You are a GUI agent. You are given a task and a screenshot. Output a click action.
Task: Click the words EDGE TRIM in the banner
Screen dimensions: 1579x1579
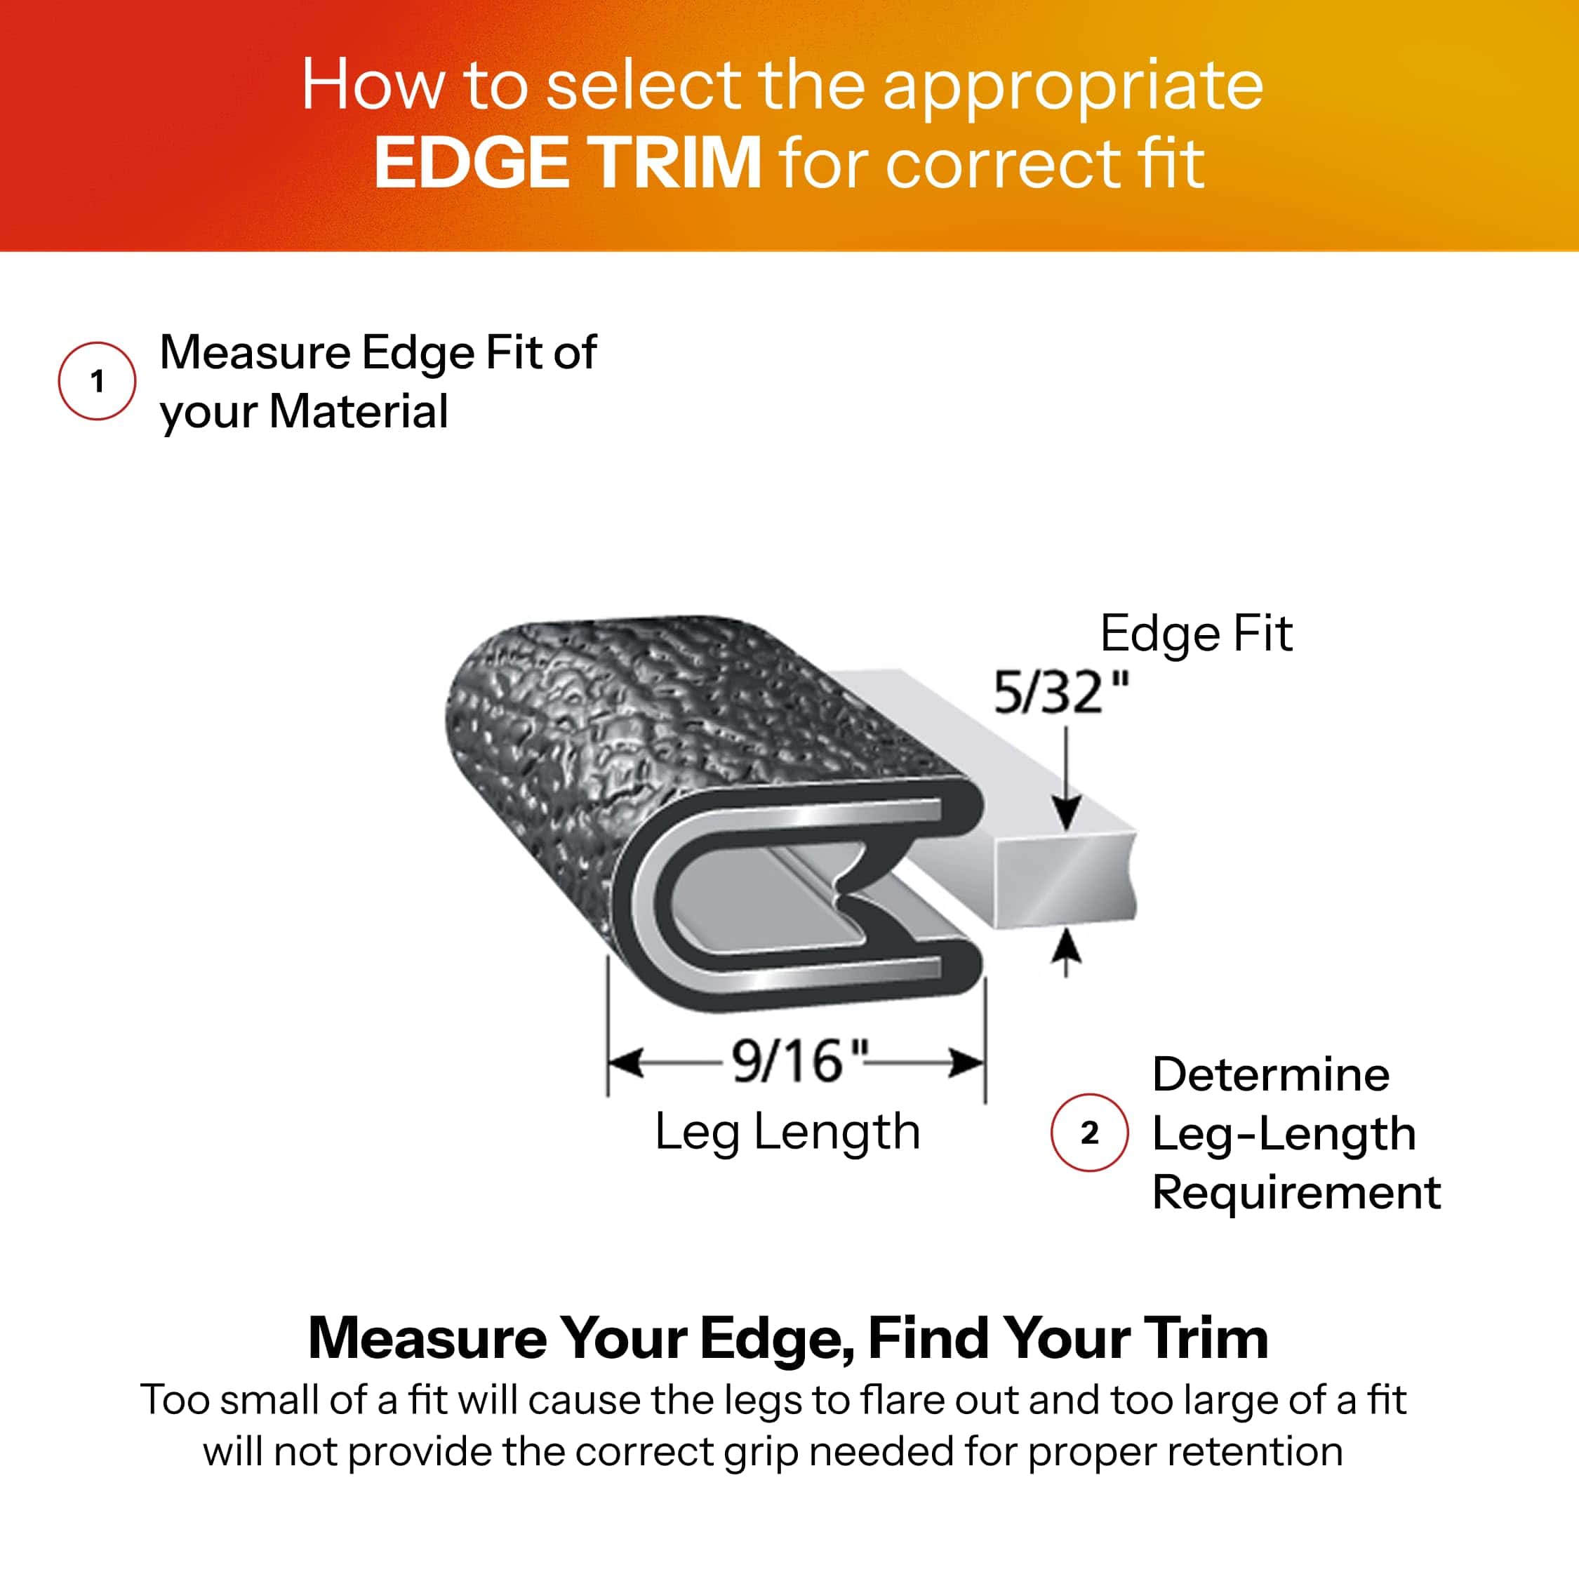pyautogui.click(x=567, y=163)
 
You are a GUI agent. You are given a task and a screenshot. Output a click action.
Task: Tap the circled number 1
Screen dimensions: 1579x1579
pyautogui.click(x=98, y=381)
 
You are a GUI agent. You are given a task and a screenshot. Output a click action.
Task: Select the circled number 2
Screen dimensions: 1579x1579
pyautogui.click(x=1089, y=1133)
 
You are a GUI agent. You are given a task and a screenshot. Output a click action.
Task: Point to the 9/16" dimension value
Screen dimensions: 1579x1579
pyautogui.click(x=799, y=1061)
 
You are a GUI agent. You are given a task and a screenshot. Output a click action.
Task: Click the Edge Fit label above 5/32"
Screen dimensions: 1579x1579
pyautogui.click(x=1197, y=634)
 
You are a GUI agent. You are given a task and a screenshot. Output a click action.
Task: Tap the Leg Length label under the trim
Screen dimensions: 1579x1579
pyautogui.click(x=788, y=1132)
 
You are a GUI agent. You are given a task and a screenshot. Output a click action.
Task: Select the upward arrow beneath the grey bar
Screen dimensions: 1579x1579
pyautogui.click(x=1066, y=953)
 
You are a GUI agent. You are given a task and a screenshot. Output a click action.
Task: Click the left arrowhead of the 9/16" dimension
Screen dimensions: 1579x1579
pyautogui.click(x=626, y=1063)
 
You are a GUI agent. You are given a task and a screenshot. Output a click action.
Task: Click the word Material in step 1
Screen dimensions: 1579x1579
pyautogui.click(x=359, y=411)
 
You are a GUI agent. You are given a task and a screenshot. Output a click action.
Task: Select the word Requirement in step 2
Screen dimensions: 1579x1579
pyautogui.click(x=1296, y=1192)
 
